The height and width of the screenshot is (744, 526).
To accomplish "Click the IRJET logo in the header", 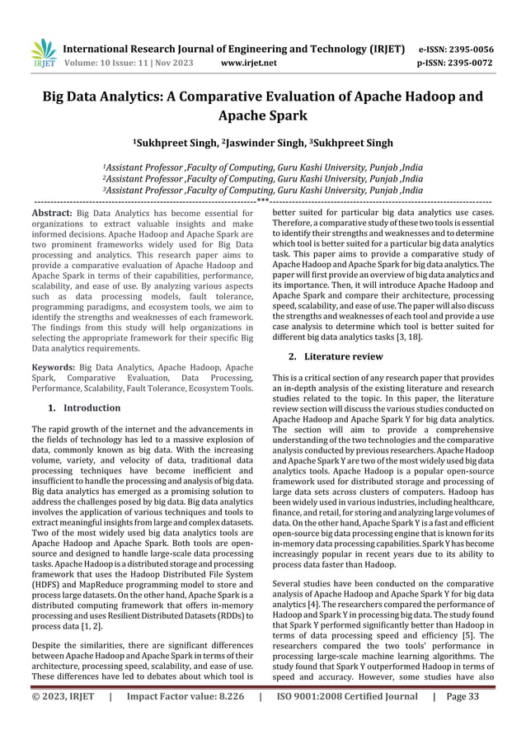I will click(x=43, y=52).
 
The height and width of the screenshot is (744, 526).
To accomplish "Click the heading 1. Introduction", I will click(x=84, y=407).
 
